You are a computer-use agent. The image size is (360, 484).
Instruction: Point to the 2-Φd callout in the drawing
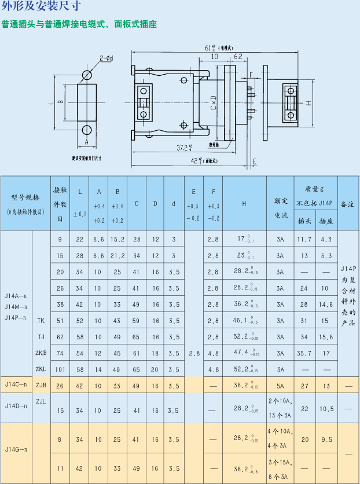pos(106,58)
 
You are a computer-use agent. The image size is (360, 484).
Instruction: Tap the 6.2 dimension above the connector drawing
pos(238,57)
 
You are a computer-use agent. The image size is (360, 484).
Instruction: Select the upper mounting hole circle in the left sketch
pos(87,75)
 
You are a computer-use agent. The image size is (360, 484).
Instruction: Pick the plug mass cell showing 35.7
pos(304,353)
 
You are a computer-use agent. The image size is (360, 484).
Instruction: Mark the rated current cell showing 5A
pos(281,386)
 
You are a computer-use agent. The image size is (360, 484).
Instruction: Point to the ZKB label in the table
pos(41,353)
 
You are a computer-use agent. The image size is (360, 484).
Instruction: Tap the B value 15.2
pos(117,239)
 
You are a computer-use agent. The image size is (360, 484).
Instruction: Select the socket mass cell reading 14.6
pos(326,304)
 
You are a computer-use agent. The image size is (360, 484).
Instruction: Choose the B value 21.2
pos(117,255)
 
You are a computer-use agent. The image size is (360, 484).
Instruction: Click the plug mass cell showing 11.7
pos(304,239)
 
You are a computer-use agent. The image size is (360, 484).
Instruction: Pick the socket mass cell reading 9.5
pos(326,439)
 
